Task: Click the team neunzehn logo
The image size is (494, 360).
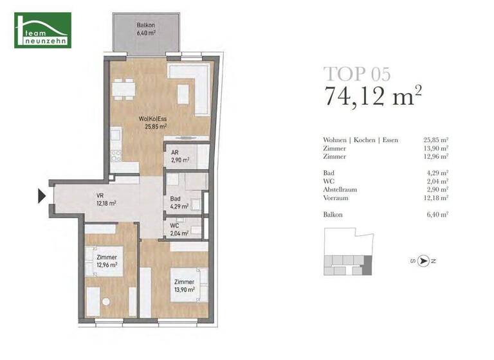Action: [x=43, y=31]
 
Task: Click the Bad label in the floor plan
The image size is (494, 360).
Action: [x=178, y=203]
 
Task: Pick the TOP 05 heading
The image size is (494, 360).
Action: [x=356, y=73]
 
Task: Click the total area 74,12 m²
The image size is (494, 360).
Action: [x=373, y=98]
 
